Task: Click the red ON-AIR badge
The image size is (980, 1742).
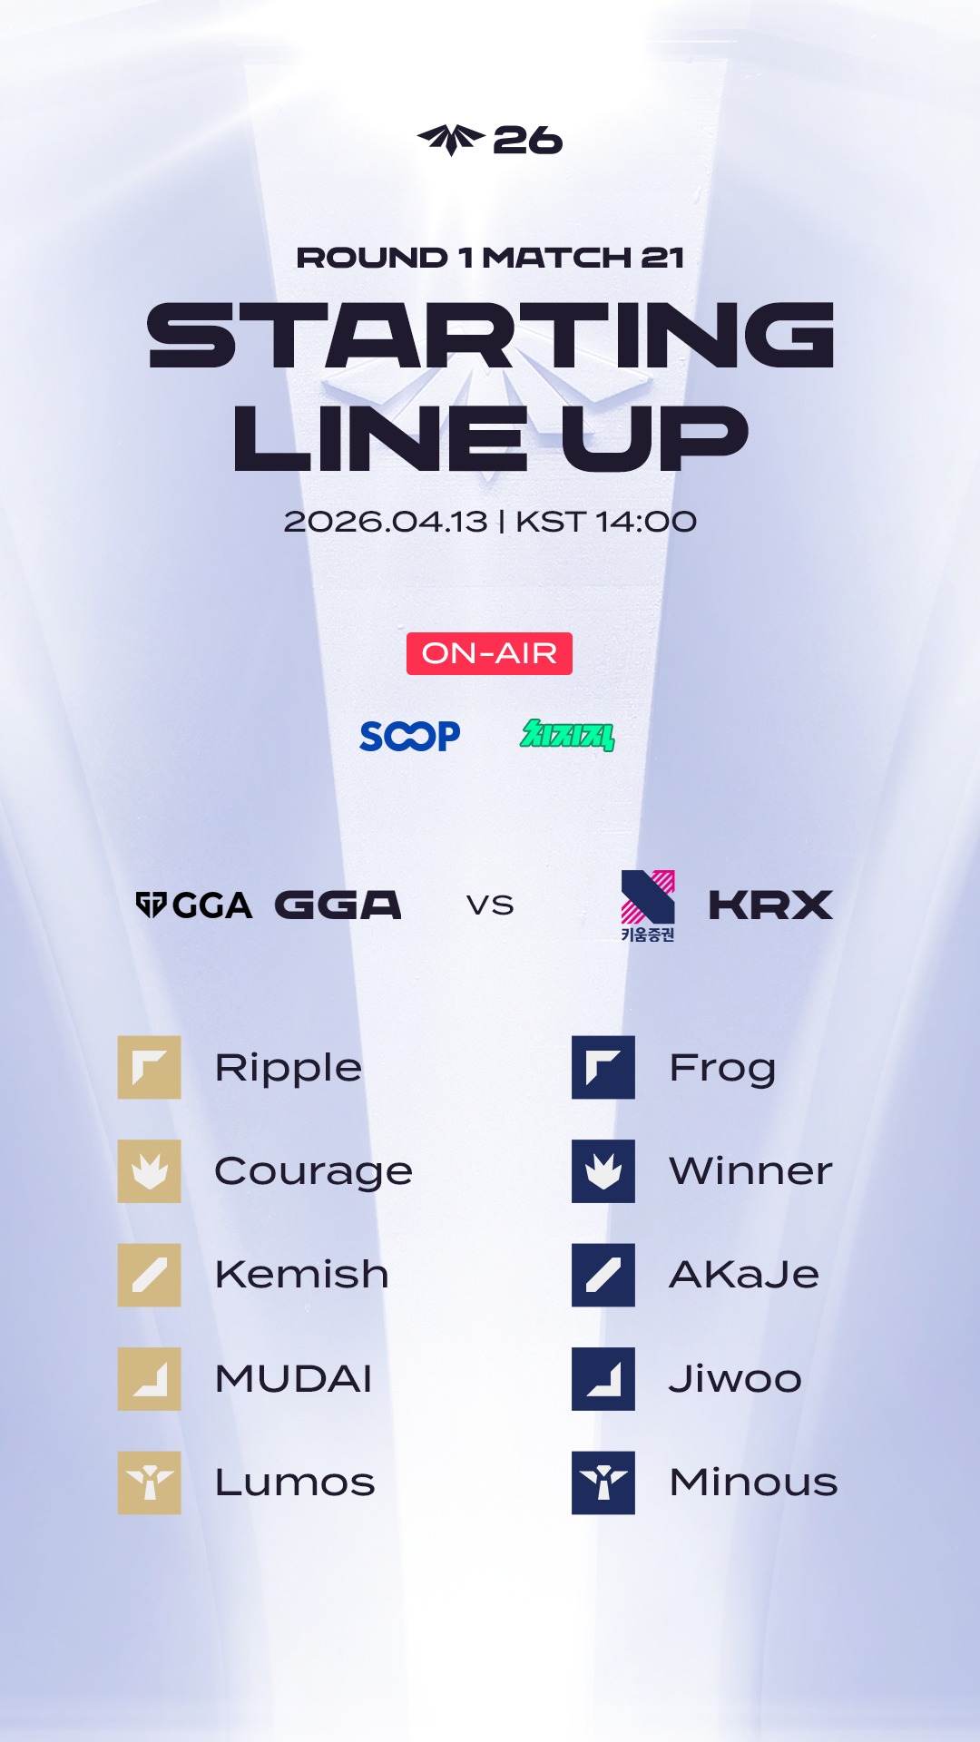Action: coord(489,653)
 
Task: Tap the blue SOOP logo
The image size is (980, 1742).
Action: coord(410,736)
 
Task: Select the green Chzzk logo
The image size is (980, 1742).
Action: coord(567,735)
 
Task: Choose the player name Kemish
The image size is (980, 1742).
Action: coord(302,1275)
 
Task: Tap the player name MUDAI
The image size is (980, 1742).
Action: coord(294,1379)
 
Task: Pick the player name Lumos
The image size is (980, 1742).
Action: coord(295,1483)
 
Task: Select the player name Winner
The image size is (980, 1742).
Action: coord(751,1171)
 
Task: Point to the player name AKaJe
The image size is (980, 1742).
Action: coord(744,1275)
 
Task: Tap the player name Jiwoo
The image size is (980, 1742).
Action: coord(735,1378)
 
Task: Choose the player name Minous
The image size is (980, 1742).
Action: coord(753,1483)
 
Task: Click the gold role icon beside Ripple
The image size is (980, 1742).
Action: coord(150,1068)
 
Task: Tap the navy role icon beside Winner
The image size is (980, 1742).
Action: coord(603,1171)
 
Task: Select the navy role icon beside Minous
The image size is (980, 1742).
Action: coord(603,1483)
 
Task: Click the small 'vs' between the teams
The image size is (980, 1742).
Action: coord(490,905)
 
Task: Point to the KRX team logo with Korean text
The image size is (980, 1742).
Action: coord(648,905)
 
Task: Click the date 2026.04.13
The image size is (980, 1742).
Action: coord(386,522)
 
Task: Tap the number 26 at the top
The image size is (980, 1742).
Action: coord(527,141)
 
